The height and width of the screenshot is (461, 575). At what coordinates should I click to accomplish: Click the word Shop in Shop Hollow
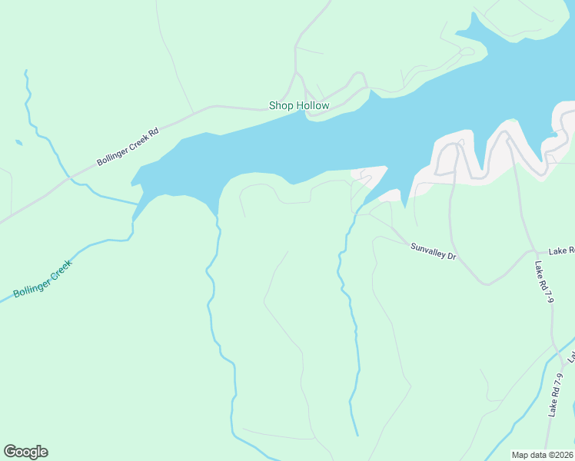pyautogui.click(x=281, y=105)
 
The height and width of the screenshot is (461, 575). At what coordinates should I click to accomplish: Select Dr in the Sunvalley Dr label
pyautogui.click(x=452, y=255)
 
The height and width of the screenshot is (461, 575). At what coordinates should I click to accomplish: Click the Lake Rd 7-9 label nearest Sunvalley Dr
pyautogui.click(x=544, y=283)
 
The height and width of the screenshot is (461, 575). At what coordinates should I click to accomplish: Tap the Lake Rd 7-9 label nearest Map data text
pyautogui.click(x=557, y=395)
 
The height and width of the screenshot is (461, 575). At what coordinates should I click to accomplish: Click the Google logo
pyautogui.click(x=25, y=452)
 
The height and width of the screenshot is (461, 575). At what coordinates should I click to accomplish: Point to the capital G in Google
pyautogui.click(x=10, y=452)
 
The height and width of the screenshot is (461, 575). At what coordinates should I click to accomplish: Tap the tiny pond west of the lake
pyautogui.click(x=18, y=142)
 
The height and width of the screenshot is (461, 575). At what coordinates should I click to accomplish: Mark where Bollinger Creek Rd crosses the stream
pyautogui.click(x=70, y=179)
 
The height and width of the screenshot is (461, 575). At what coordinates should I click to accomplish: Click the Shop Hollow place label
pyautogui.click(x=298, y=105)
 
